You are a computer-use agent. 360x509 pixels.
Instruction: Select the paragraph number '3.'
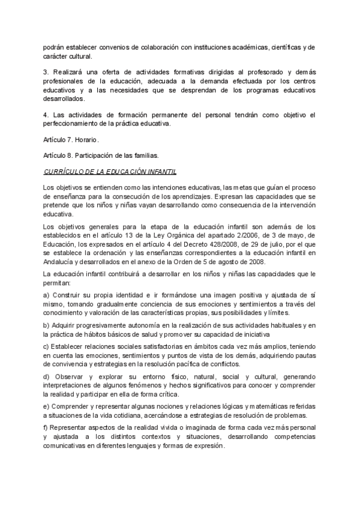coord(47,72)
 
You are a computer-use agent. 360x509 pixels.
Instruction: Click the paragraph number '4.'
coord(47,115)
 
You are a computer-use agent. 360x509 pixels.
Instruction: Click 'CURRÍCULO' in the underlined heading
coord(64,171)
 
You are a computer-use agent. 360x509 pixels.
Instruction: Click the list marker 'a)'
coord(47,296)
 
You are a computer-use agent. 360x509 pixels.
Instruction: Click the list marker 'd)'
coord(47,376)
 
